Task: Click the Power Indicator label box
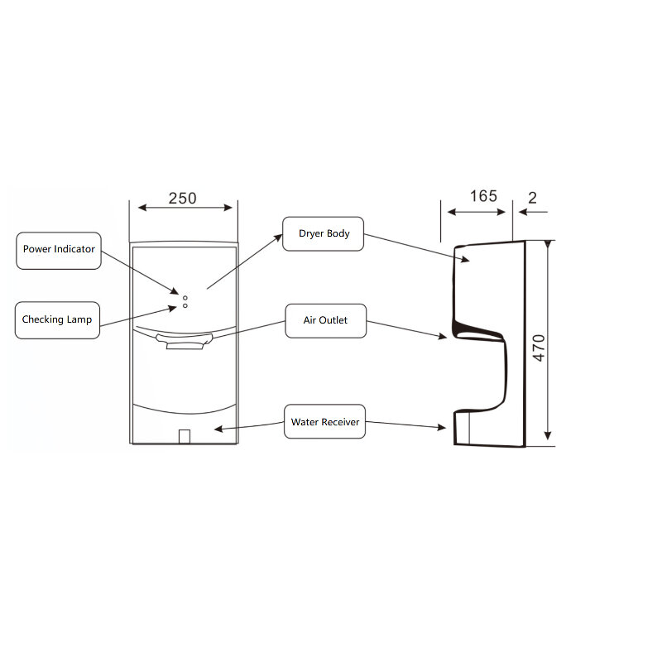(59, 250)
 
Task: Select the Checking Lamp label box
(57, 319)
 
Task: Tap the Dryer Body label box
(324, 234)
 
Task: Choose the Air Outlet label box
(326, 320)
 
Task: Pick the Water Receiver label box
(324, 422)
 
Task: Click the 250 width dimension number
(182, 199)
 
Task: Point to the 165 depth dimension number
(483, 196)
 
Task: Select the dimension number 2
(532, 197)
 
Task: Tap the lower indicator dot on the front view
(185, 306)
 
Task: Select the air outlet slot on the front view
(189, 343)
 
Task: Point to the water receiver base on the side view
(476, 428)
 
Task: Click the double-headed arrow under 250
(184, 209)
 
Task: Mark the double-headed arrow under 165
(477, 212)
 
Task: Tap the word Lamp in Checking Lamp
(79, 319)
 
